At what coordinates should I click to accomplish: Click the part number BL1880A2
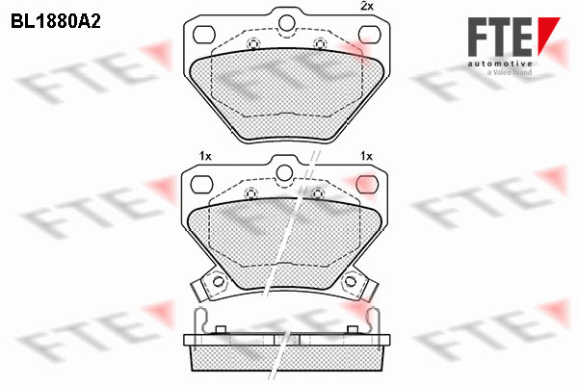tap(56, 22)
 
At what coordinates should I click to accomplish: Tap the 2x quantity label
tap(366, 6)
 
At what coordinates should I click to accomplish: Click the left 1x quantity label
tap(205, 156)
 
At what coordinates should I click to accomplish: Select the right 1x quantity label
tap(366, 156)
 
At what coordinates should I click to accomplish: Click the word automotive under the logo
tap(500, 64)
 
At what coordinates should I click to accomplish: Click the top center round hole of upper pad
tap(286, 23)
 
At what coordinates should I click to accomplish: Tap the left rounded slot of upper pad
tap(204, 35)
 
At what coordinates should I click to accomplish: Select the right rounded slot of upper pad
tap(369, 35)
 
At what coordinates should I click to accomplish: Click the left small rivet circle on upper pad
tap(252, 44)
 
